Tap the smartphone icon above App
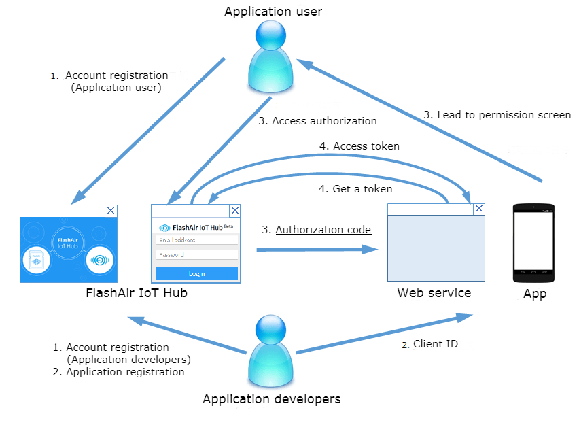[533, 243]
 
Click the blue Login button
[196, 273]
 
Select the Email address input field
[196, 240]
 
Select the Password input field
[196, 255]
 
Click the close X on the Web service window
[479, 209]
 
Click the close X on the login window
[235, 211]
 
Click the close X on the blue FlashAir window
[111, 211]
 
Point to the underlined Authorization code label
[323, 230]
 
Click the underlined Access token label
[366, 146]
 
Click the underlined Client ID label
[436, 344]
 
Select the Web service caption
[434, 293]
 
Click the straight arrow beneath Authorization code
[317, 250]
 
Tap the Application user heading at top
[273, 12]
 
